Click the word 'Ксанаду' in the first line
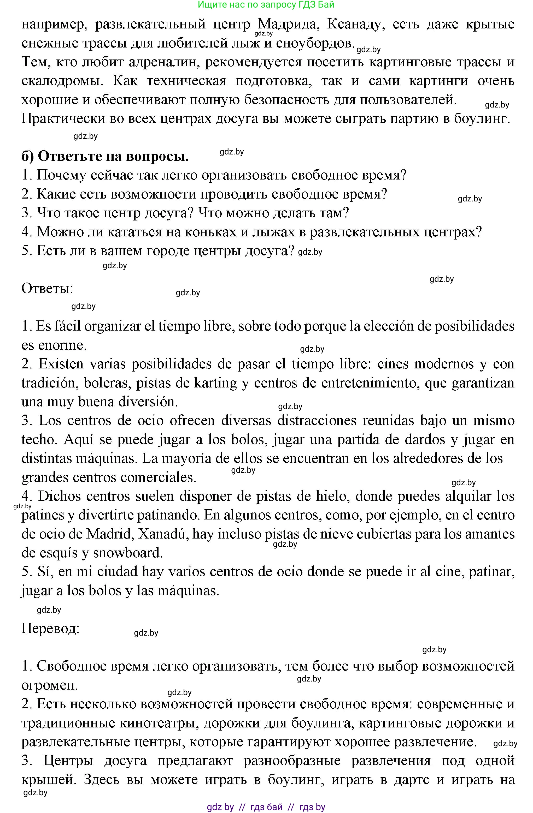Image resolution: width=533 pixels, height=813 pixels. [x=354, y=24]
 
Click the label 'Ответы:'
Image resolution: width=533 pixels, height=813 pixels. [x=47, y=288]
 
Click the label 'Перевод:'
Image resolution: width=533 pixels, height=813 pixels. [x=50, y=628]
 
